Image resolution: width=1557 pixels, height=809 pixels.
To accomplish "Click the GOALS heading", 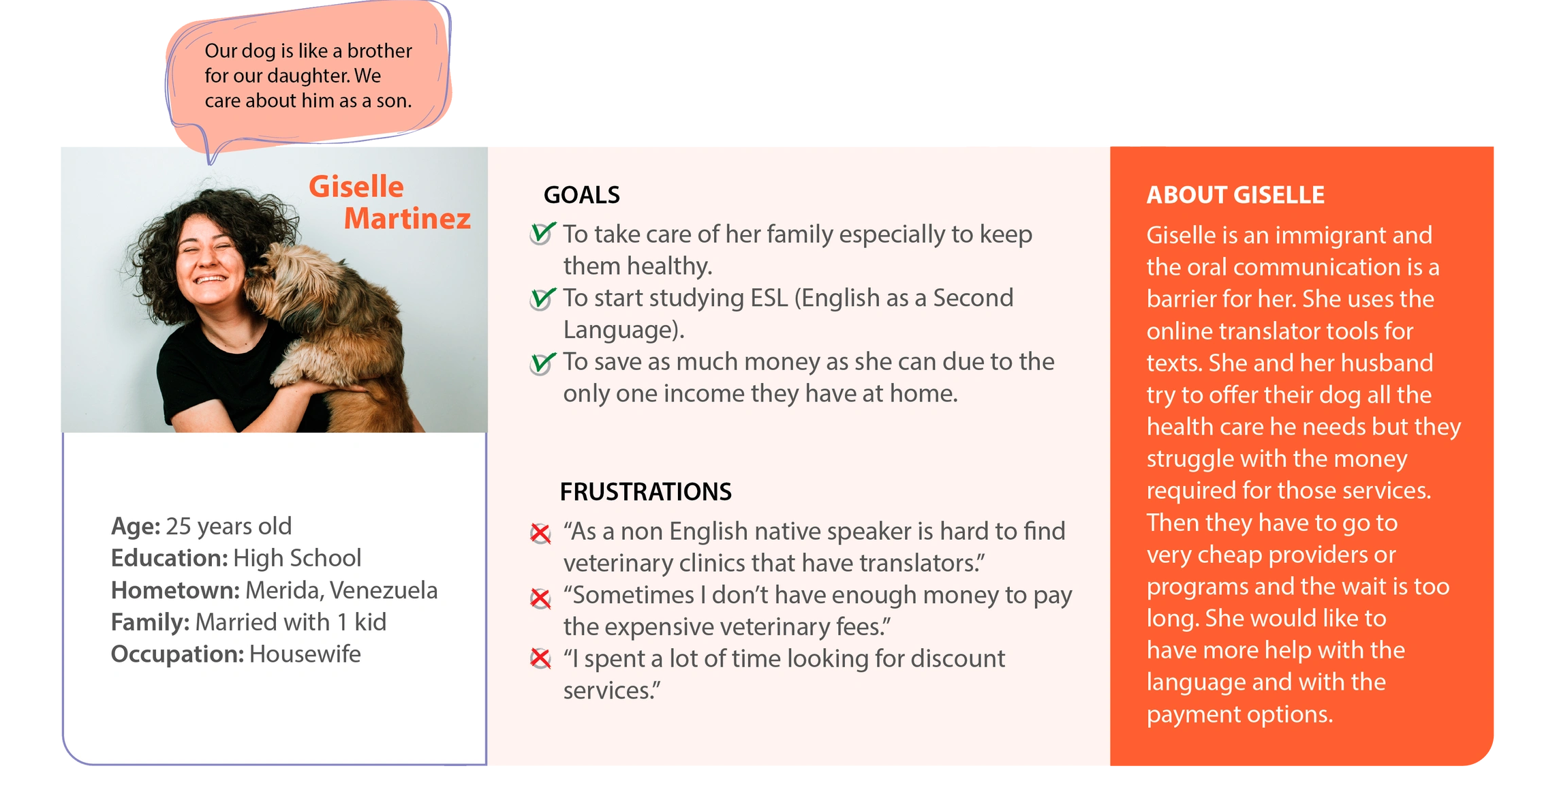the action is click(581, 195).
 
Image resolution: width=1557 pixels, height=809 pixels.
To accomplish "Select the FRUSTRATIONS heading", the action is click(645, 491).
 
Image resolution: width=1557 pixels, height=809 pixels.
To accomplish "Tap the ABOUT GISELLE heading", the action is click(1235, 195).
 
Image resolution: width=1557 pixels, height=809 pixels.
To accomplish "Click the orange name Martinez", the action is click(407, 218).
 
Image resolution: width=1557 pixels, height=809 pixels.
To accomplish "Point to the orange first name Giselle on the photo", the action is click(356, 186).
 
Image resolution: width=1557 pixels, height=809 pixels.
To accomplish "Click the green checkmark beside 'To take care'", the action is click(542, 234).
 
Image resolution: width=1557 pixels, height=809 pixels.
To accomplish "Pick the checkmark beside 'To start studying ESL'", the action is click(542, 298).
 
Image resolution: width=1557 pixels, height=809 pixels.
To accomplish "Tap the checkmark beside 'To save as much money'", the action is click(542, 363).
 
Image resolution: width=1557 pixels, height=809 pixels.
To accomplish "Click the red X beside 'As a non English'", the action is click(540, 533).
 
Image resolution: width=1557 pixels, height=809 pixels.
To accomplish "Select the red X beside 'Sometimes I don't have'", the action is click(540, 598).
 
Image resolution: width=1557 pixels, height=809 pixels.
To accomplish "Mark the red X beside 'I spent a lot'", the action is click(540, 658).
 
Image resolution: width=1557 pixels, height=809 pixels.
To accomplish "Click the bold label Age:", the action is click(136, 526).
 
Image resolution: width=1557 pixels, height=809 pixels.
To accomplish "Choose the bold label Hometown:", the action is click(175, 590).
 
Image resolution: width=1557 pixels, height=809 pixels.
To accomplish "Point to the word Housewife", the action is click(305, 654).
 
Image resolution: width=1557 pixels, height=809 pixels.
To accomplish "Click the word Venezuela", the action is click(384, 590).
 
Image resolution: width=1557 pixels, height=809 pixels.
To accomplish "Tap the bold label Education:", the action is click(169, 558).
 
